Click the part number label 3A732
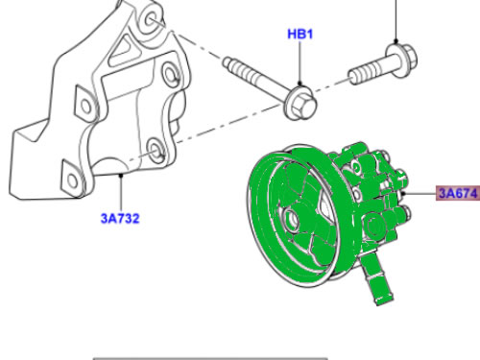coord(120,218)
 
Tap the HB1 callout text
coord(300,36)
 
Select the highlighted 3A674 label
coord(457,194)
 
